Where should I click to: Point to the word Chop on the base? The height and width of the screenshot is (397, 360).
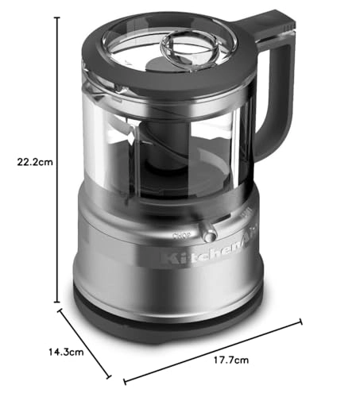tap(180, 234)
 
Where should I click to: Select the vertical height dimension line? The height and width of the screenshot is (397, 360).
tap(56, 119)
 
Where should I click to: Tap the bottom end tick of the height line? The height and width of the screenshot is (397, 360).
tap(56, 303)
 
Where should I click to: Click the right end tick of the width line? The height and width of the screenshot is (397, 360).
tap(303, 321)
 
